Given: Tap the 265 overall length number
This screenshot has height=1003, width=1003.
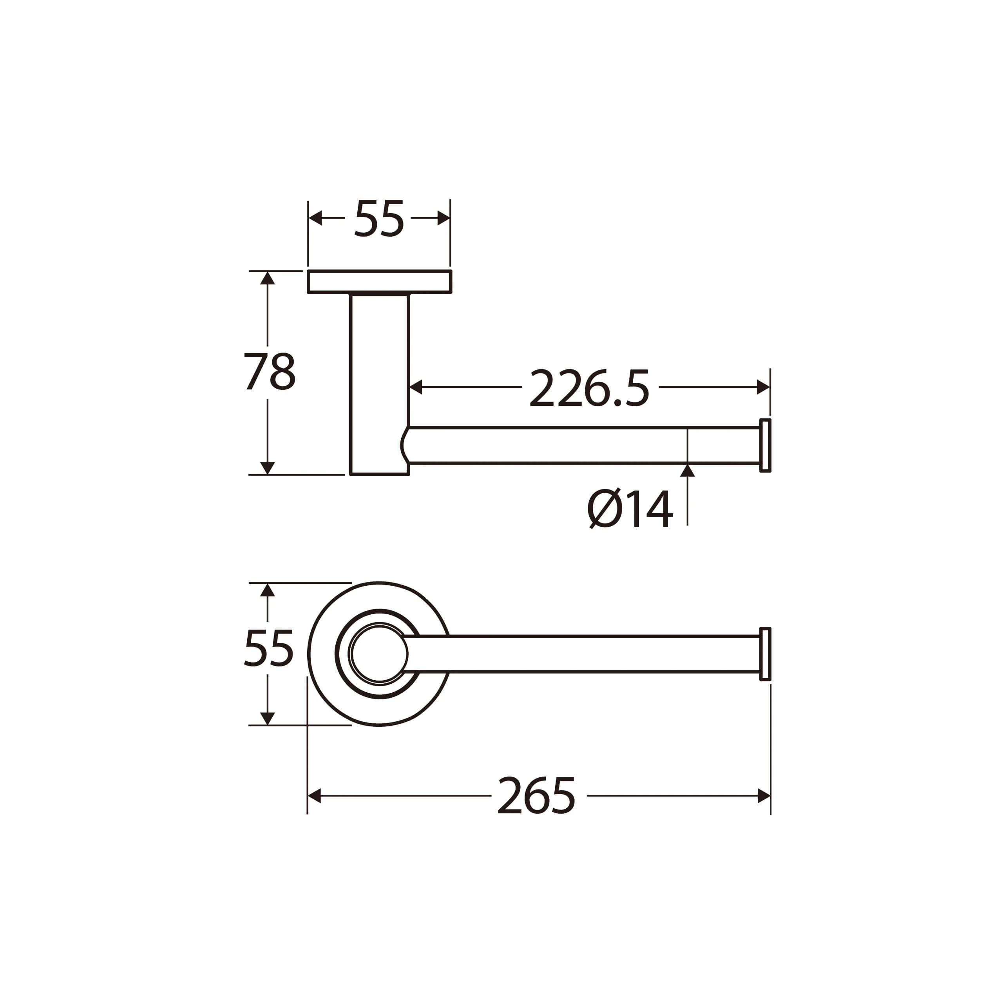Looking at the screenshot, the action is [x=537, y=796].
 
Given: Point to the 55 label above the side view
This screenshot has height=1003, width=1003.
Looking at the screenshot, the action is [x=379, y=219].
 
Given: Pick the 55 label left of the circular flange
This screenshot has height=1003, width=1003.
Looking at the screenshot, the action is [x=269, y=648].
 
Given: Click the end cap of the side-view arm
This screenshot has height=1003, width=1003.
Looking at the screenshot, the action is [x=765, y=445].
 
